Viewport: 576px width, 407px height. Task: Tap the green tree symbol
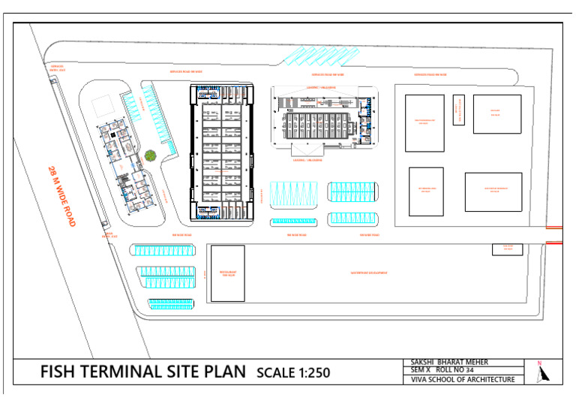(150, 155)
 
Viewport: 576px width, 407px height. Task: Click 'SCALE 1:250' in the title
(292, 372)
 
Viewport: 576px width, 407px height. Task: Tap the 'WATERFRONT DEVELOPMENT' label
(369, 273)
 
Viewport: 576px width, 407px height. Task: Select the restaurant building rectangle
(227, 273)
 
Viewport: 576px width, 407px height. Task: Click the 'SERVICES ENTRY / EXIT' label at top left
(55, 67)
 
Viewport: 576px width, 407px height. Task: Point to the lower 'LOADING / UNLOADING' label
(307, 160)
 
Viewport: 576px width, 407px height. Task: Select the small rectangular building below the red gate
(507, 249)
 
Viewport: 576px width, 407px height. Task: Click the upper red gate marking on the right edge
(553, 228)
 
